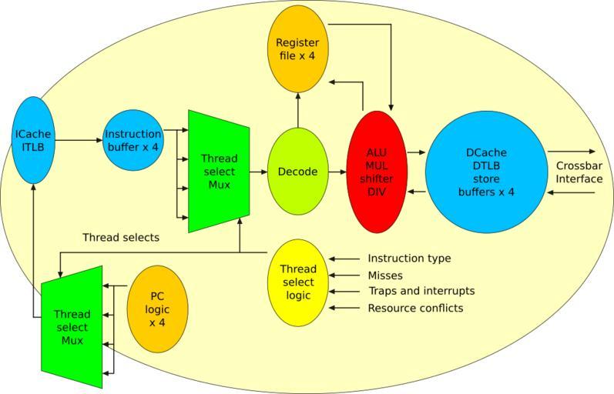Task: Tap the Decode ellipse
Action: tap(297, 172)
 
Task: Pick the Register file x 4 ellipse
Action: tap(297, 48)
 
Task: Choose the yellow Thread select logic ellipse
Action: tap(297, 282)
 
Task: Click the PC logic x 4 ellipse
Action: tap(157, 309)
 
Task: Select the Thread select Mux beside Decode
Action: tap(219, 171)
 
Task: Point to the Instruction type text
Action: tap(409, 259)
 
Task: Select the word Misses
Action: tap(385, 275)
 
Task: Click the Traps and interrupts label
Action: tap(421, 291)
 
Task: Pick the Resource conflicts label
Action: tap(415, 308)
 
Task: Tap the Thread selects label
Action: tap(121, 238)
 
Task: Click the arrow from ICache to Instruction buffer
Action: tap(78, 140)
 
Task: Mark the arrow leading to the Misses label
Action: tap(345, 275)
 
